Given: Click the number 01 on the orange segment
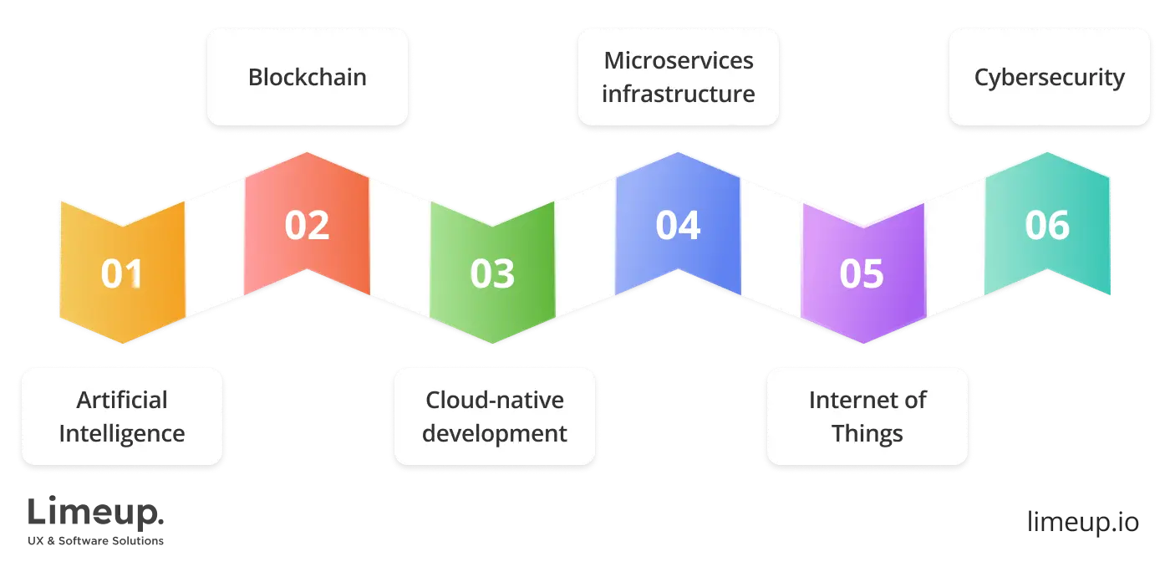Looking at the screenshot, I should click(x=122, y=274).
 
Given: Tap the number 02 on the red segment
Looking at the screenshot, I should click(x=307, y=226).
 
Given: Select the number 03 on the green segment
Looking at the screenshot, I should click(x=492, y=274).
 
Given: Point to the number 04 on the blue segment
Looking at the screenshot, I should click(x=677, y=226).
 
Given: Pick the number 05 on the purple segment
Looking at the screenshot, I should click(x=862, y=274).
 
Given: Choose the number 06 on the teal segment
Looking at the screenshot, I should click(x=1047, y=226).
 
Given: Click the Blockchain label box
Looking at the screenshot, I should click(x=307, y=78).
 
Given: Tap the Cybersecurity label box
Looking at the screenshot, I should click(x=1049, y=78).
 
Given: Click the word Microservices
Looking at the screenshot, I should click(x=679, y=61).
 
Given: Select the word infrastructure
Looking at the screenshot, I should click(x=679, y=94).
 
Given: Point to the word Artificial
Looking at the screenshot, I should click(x=122, y=401).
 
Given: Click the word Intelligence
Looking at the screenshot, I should click(x=122, y=434).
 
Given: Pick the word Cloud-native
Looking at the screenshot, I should click(x=495, y=401).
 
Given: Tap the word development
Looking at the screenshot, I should click(x=495, y=434).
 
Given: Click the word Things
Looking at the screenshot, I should click(x=867, y=434).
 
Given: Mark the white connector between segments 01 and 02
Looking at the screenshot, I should click(x=214, y=250).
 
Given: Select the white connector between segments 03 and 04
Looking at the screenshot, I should click(x=584, y=250).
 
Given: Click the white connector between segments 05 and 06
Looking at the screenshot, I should click(x=954, y=250).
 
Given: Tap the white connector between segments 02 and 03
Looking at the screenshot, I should click(x=399, y=250).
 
